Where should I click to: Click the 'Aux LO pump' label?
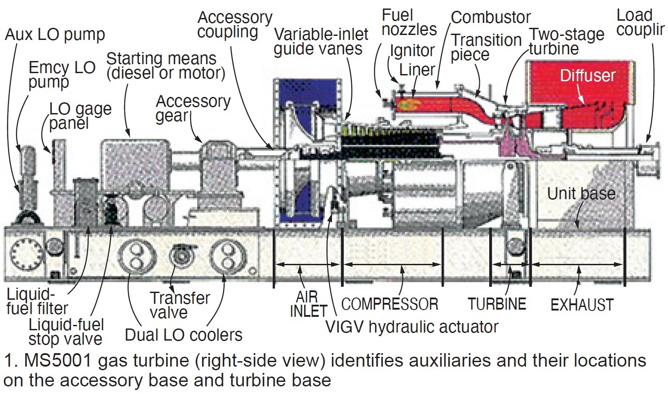[55, 35]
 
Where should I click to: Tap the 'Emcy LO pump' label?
[62, 74]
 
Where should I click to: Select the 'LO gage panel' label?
[80, 116]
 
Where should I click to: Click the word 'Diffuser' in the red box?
[587, 75]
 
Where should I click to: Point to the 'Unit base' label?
[581, 194]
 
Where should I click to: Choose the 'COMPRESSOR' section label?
[389, 304]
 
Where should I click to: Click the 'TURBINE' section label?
[497, 304]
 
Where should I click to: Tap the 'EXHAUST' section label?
[582, 305]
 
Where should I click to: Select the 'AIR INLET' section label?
[308, 304]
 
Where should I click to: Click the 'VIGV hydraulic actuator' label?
[411, 327]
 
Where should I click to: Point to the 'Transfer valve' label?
[179, 305]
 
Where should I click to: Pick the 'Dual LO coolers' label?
[183, 335]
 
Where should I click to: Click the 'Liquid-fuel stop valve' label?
[66, 332]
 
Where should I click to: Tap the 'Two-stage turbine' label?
[566, 41]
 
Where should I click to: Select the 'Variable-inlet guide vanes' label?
[321, 42]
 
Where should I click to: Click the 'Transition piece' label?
[486, 47]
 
